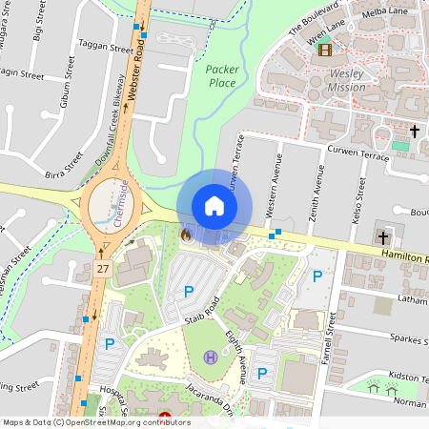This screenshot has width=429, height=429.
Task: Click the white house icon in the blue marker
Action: [x=214, y=206]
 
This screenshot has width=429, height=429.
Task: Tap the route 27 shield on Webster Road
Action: [x=102, y=270]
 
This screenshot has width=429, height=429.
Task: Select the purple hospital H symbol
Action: [x=210, y=357]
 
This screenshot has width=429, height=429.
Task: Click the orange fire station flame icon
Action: [x=186, y=234]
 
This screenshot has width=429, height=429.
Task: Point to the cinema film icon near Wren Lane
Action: [x=326, y=50]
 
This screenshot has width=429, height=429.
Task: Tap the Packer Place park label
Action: [x=222, y=75]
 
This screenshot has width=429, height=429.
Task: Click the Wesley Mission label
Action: [x=346, y=80]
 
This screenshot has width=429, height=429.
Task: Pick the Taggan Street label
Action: [x=105, y=48]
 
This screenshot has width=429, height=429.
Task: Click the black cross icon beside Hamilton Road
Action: [x=383, y=236]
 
